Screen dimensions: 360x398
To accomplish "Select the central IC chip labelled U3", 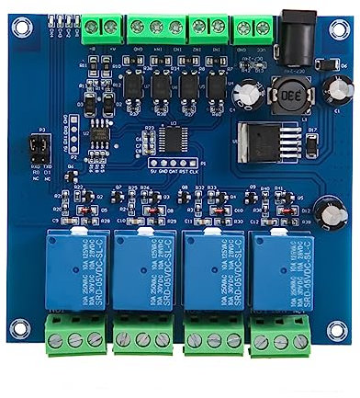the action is pos(174,136).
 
